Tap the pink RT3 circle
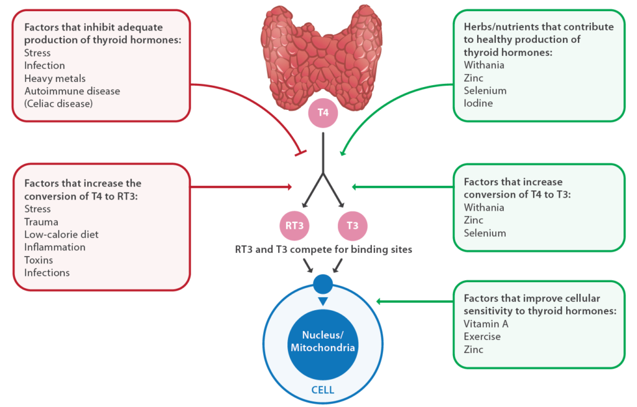(x=294, y=226)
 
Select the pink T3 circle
(x=352, y=226)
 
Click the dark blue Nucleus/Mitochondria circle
(x=322, y=340)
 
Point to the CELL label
(x=322, y=390)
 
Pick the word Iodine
(x=478, y=103)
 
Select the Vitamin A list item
(x=486, y=324)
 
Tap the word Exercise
(x=482, y=337)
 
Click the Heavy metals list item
(x=55, y=78)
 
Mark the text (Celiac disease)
(x=58, y=104)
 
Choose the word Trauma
(x=41, y=222)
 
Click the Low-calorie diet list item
(x=61, y=234)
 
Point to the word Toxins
(x=39, y=260)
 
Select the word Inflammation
(x=55, y=247)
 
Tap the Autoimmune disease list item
(x=72, y=91)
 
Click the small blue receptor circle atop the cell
(x=322, y=285)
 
